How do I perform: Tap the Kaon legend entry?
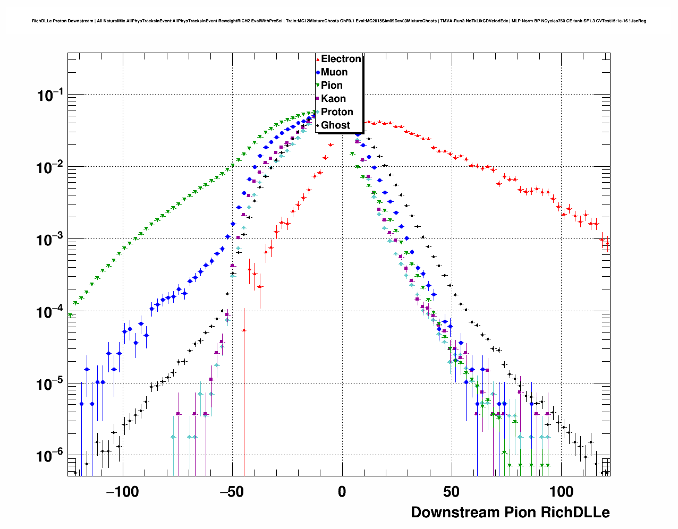point(333,99)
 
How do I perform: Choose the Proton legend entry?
point(337,112)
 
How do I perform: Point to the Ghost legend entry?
point(335,125)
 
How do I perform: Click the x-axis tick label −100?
point(122,492)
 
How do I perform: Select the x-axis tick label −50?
point(232,492)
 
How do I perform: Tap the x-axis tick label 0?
point(342,492)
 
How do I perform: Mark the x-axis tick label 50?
point(451,492)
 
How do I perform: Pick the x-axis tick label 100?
point(561,492)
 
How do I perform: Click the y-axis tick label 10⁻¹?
point(50,96)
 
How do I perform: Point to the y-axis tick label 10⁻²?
point(50,168)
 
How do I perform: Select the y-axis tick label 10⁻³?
point(50,240)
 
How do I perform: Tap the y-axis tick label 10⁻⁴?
point(50,312)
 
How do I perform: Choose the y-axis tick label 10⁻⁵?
point(50,384)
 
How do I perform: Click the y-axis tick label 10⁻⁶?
point(50,456)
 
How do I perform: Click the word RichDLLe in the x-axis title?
point(575,513)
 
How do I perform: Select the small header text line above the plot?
point(339,21)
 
